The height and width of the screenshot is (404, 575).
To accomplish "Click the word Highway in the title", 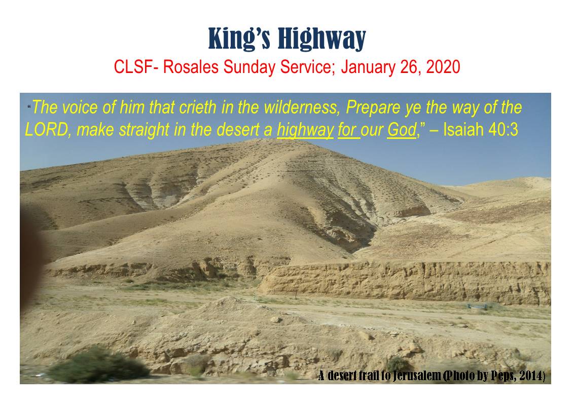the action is coord(321,39).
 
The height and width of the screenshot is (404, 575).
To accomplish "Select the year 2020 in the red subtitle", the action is coord(443,67).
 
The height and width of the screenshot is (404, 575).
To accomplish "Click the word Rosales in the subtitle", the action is coord(191,67).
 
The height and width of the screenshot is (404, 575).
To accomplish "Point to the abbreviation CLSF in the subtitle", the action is coord(133,67).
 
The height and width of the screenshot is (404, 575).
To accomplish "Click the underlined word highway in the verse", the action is coord(305,130).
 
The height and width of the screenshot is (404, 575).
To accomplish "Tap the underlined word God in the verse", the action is coord(402,130).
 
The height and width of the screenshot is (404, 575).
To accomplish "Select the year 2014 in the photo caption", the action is coord(531,376).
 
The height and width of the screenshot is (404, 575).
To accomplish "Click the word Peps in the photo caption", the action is coord(503,376).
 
